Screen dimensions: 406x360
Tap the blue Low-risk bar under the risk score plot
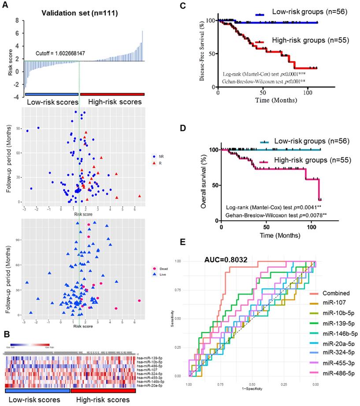coord(52,94)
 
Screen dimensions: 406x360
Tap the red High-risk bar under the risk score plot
coord(112,94)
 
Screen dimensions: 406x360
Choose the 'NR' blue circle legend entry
coord(156,156)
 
